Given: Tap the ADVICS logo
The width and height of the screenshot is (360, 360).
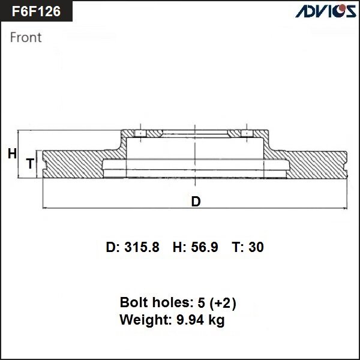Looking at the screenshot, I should click(322, 11).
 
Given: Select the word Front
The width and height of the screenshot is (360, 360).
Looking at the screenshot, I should click(26, 37).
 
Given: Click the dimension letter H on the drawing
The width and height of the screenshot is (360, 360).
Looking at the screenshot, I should click(12, 154).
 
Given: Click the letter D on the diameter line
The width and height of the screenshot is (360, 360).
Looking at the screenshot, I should click(196, 202).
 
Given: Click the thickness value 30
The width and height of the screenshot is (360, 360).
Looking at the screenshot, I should click(256, 247).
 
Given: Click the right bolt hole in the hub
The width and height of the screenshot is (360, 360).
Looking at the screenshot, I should click(245, 133).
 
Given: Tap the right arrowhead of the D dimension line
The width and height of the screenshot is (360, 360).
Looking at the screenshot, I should click(345, 208).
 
